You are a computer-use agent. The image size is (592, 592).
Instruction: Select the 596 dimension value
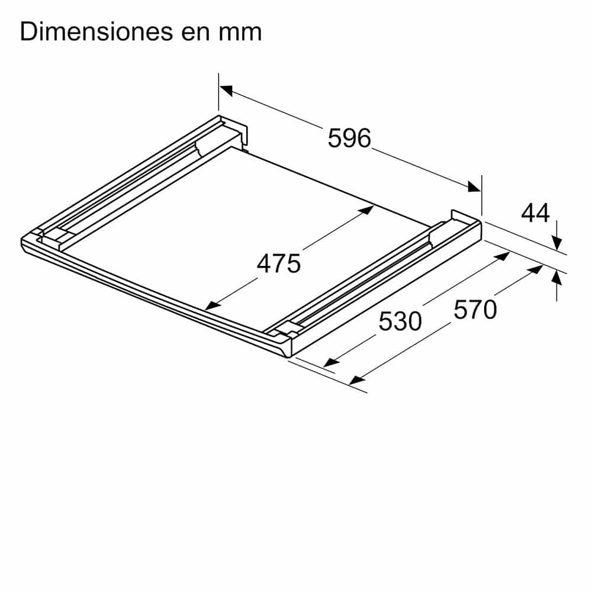click(349, 139)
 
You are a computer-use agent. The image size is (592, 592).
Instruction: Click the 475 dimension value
click(279, 263)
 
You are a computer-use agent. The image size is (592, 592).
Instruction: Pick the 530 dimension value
click(400, 321)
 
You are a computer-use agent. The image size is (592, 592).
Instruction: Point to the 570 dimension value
click(475, 310)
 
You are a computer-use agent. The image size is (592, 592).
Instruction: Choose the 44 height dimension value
click(535, 213)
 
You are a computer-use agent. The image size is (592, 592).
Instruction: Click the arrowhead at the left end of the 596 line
click(226, 90)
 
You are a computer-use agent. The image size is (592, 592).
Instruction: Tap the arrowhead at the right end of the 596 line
click(474, 187)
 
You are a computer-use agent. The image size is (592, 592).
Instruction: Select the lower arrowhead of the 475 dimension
click(211, 306)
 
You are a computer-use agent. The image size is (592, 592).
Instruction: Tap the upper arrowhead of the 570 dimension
click(535, 269)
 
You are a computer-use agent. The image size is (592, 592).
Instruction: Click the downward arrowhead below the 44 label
click(556, 243)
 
